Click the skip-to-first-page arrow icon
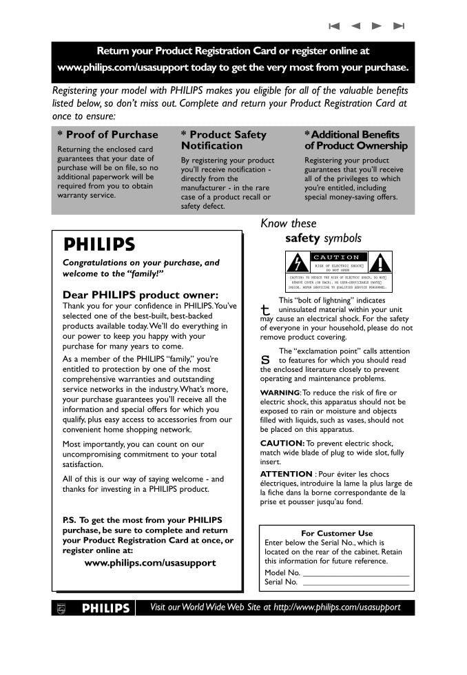click(335, 26)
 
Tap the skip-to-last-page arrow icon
click(398, 26)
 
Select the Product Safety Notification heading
click(223, 140)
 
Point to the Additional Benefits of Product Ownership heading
click(356, 140)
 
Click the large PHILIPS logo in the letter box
click(99, 245)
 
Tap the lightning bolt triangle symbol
click(297, 263)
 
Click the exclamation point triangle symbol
click(380, 263)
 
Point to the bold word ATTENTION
click(286, 474)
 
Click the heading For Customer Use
click(337, 533)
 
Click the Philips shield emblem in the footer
click(61, 608)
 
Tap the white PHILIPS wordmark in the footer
click(106, 608)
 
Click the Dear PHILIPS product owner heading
click(141, 295)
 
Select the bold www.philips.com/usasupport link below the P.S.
click(150, 563)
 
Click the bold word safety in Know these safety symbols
click(302, 238)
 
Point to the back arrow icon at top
click(355, 26)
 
